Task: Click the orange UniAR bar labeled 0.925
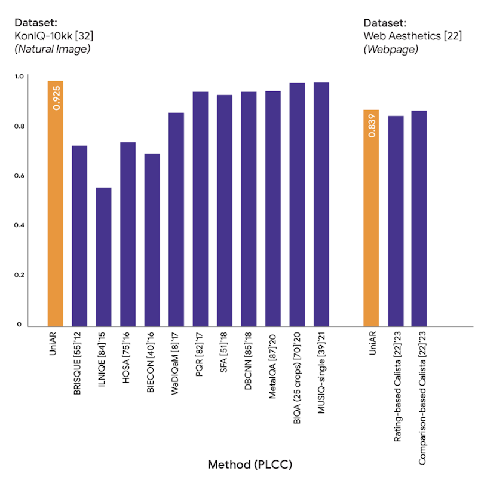pos(56,203)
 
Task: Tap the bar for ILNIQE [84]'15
pos(103,257)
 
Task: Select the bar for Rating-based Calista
pos(396,221)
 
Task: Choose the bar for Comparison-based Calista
pos(419,219)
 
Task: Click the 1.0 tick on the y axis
pos(19,77)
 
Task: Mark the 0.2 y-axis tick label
pos(19,275)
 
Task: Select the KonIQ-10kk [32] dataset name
pos(54,36)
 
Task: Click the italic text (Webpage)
pos(391,49)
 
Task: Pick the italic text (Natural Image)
pos(52,49)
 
